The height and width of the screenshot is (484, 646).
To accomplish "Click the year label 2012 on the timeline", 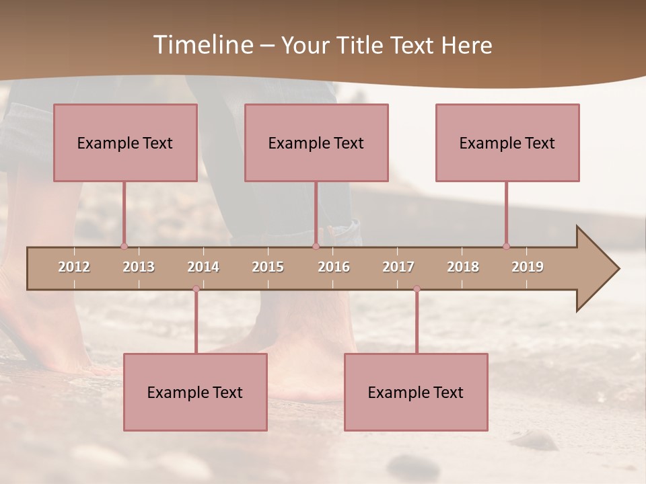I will point(74,267).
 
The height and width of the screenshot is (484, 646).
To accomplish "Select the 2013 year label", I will point(139,267).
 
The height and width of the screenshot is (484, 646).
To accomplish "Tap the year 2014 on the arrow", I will point(203,267).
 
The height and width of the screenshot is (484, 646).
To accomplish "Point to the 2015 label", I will point(268,267).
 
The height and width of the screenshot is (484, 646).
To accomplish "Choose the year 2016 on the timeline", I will point(334,267).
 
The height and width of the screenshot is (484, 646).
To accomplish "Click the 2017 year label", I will point(398,267).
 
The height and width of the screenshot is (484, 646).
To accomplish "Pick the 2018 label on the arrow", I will point(463,267).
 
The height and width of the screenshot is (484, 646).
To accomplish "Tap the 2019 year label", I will point(528,267).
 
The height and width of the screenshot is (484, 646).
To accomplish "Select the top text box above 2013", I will point(125,143).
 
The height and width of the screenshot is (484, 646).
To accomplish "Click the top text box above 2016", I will point(316,143).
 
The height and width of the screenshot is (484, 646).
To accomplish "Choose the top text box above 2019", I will point(507,143).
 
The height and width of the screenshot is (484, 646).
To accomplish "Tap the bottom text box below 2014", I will point(195,392).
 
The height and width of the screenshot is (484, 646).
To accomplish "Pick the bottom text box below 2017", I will point(416,392).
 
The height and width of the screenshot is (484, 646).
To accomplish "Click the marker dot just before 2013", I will point(124,247).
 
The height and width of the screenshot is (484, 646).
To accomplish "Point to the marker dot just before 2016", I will point(316,247).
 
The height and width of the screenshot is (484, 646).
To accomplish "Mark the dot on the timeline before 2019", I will point(507,247).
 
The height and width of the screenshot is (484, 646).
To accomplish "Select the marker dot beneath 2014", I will point(196,289).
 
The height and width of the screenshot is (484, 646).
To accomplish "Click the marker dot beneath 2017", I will point(417,289).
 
